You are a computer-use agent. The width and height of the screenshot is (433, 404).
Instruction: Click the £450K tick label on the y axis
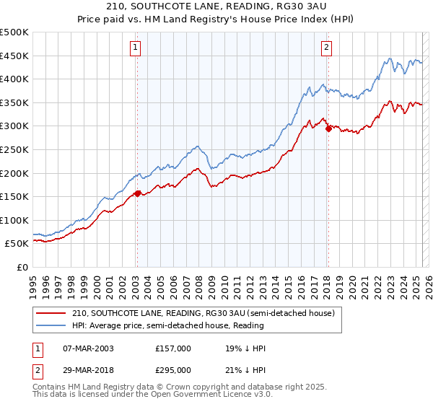pos(14,56)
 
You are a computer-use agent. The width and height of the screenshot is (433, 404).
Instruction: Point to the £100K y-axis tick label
pos(14,220)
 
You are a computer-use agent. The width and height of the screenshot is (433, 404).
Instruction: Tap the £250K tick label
pos(14,149)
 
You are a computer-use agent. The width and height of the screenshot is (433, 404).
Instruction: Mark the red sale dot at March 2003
pos(137,193)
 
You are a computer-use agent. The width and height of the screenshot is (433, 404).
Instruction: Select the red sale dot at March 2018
pos(328,129)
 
